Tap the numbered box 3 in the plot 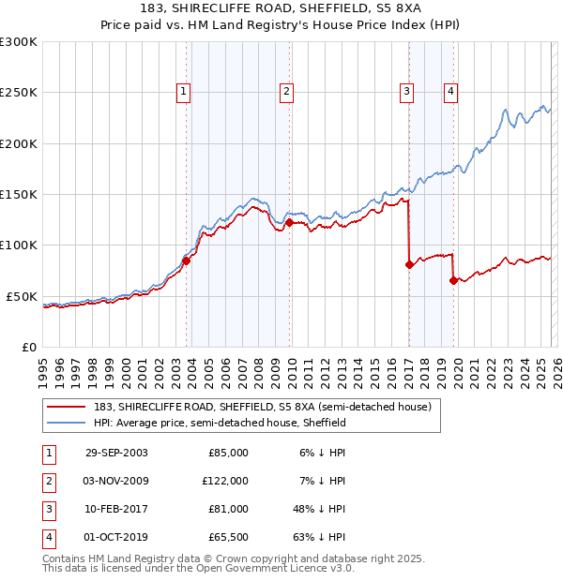coord(406,92)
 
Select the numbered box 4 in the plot coord(450,92)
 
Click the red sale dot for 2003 coord(186,261)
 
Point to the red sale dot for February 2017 coord(409,265)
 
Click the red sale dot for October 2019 coord(453,280)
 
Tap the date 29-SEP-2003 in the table coord(115,453)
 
